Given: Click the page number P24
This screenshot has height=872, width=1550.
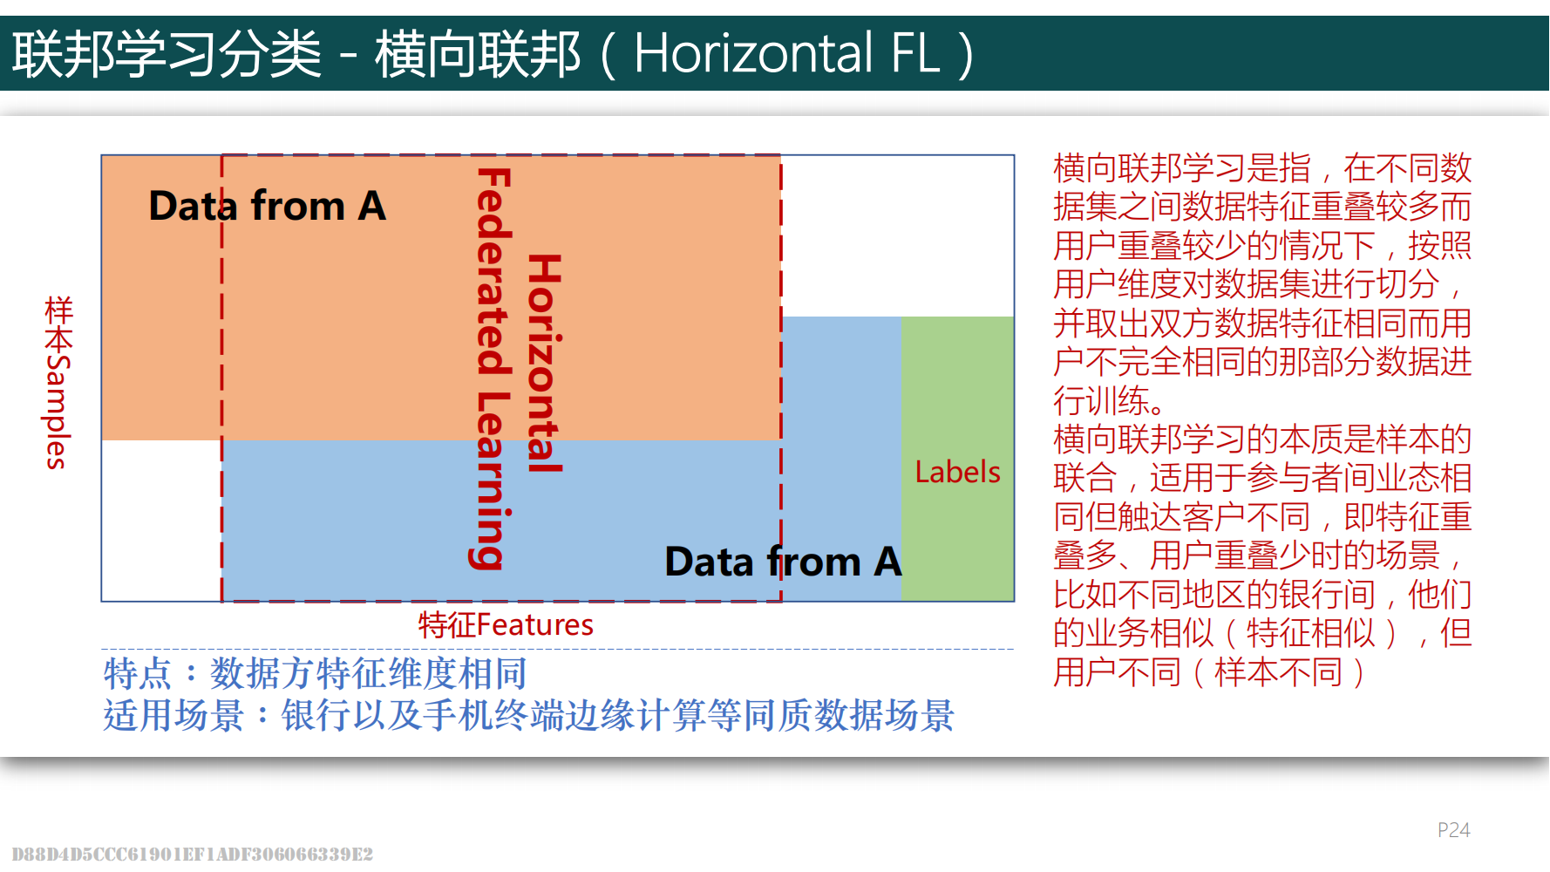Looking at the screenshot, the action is pos(1453,829).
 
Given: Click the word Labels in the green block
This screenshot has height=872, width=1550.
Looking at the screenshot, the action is pos(957,472).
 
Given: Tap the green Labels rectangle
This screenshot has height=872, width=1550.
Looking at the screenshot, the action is pos(957,459).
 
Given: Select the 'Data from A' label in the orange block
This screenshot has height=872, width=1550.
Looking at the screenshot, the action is pos(267,206).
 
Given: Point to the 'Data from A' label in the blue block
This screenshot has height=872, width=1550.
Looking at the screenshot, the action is pos(783,561).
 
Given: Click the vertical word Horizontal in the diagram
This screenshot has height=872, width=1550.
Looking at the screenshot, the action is pos(544,364).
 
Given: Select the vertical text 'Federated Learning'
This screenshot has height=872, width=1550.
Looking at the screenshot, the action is pos(493,369).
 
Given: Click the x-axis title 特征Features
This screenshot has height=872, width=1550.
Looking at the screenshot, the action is pos(506,624).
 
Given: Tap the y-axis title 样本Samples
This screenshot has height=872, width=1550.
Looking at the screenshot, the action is pos(58,382).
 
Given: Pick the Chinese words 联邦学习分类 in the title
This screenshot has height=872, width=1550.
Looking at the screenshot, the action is pos(167,53).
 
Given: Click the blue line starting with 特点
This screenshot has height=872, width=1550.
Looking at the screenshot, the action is pos(315,673).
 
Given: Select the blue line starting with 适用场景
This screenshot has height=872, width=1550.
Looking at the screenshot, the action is pos(528,715).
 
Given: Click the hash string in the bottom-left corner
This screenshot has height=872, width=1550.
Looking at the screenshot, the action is pos(192,854).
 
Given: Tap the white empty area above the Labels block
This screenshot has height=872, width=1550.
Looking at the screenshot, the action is pos(897,236).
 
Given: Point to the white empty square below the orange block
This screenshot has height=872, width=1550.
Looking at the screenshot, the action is pos(162,521).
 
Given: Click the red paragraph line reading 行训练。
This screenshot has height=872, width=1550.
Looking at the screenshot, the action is pos(1108,400).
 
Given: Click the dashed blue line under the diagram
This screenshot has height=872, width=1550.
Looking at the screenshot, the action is pos(557,649).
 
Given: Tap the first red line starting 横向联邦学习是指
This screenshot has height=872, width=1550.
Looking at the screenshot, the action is pos(1262,167).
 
